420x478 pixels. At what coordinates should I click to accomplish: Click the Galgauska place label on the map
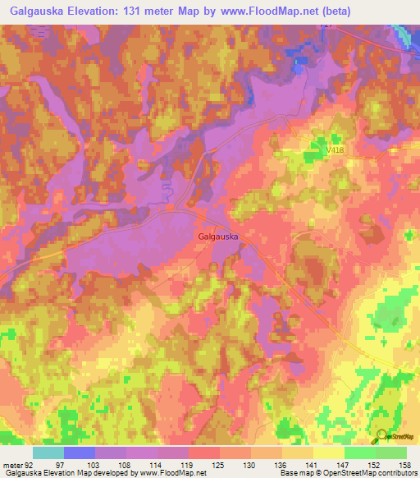tap(218, 237)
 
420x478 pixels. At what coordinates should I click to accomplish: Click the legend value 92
tap(31, 466)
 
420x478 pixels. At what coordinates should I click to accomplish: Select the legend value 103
tap(94, 466)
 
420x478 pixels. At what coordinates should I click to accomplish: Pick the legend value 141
tap(310, 466)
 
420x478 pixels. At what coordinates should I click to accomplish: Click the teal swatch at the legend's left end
tap(48, 453)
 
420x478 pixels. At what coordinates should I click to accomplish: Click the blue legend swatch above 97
tap(80, 453)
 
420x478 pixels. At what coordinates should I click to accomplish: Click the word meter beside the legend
tap(11, 466)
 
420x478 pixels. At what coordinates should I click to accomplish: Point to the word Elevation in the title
tap(100, 11)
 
